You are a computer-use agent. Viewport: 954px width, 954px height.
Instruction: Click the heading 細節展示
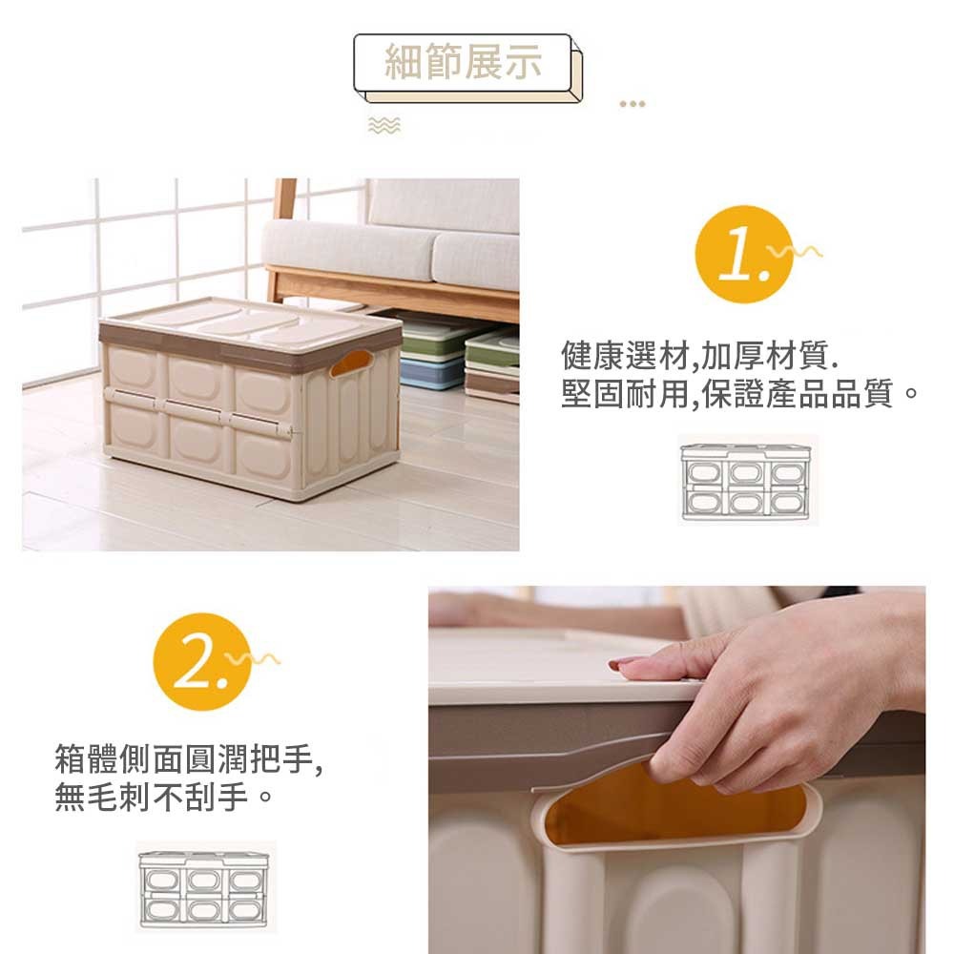(x=463, y=61)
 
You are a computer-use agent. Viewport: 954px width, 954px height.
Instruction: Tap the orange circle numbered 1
(x=744, y=255)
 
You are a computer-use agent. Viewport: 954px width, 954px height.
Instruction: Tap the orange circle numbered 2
(x=202, y=662)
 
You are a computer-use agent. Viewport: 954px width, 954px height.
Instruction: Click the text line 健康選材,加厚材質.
(x=700, y=355)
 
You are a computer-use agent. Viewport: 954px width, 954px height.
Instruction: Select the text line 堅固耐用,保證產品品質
(x=740, y=393)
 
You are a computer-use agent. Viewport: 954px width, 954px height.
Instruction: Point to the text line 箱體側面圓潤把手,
(x=189, y=758)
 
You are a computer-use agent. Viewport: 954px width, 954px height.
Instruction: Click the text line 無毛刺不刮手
(x=163, y=796)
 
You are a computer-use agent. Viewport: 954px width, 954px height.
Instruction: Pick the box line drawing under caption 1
(x=747, y=481)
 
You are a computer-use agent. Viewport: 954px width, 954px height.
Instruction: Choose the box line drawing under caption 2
(x=204, y=887)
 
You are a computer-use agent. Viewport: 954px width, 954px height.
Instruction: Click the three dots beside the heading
(x=633, y=104)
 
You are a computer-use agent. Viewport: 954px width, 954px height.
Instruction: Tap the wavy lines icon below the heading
(x=384, y=125)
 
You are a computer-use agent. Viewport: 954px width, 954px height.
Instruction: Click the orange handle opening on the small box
(x=351, y=363)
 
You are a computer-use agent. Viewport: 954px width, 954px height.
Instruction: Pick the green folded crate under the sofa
(x=438, y=339)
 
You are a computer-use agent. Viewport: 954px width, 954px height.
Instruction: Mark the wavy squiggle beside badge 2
(x=253, y=658)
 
